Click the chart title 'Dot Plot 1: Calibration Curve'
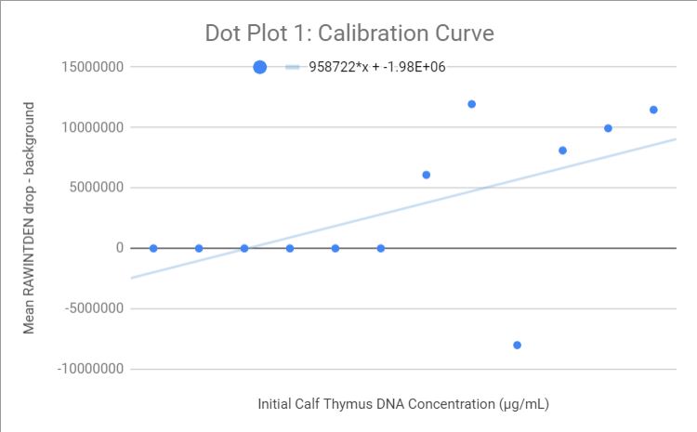pos(349,33)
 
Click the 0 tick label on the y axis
pos(120,248)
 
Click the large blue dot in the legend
pos(260,67)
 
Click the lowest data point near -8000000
pos(517,345)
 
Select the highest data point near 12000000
pos(471,104)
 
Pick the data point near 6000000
pos(426,175)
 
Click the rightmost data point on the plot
pos(653,110)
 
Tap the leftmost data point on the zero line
pos(153,248)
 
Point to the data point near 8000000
pos(562,151)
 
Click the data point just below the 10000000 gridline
pos(608,128)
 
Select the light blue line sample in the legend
pos(293,67)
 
